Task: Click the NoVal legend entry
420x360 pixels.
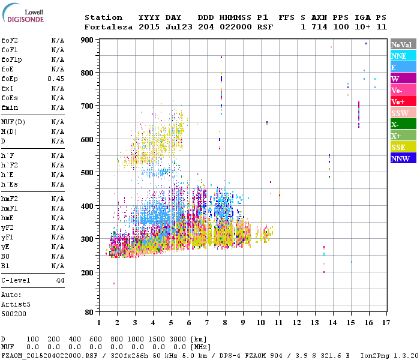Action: (x=403, y=44)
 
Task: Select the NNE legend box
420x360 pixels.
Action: (x=403, y=56)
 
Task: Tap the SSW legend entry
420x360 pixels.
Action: (x=403, y=113)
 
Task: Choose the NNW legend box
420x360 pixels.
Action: (x=403, y=158)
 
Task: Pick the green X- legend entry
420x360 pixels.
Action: (x=403, y=124)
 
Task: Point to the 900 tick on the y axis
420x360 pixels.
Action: (x=88, y=40)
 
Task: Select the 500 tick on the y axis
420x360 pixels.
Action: (x=88, y=172)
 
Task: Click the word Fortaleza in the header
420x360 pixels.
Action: (x=109, y=27)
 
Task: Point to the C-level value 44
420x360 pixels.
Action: (x=60, y=280)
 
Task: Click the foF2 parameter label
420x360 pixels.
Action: (x=10, y=40)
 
